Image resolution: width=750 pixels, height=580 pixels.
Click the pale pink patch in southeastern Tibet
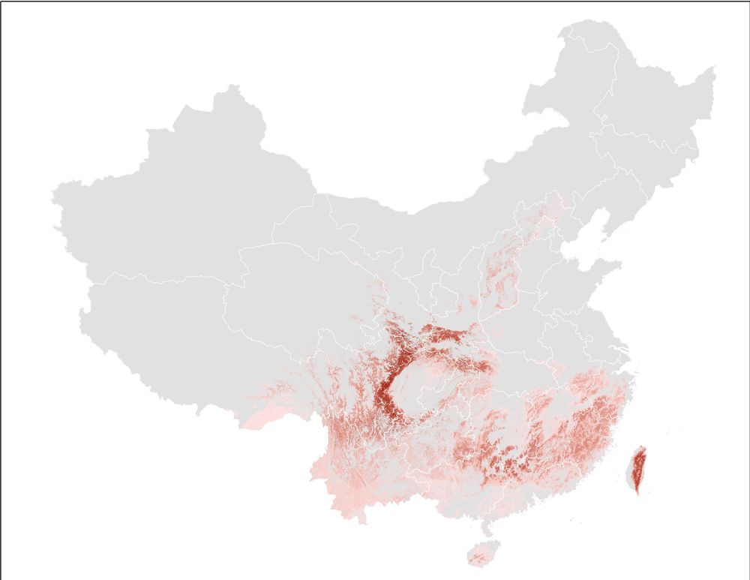click(x=262, y=416)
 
